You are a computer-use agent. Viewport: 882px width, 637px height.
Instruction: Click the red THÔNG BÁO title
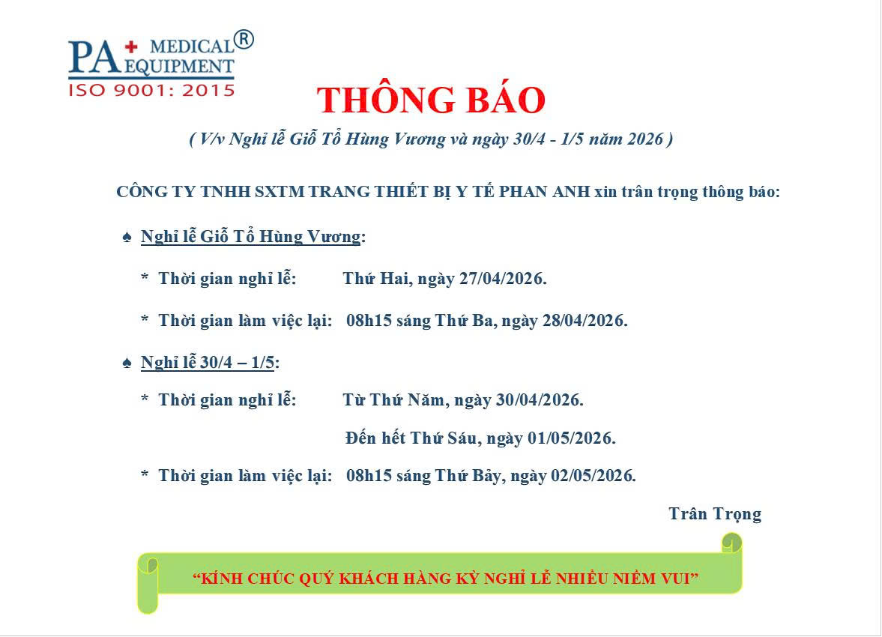431,100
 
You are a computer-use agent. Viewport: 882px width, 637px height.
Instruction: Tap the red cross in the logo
131,46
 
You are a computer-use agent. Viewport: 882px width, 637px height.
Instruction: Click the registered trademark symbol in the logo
244,40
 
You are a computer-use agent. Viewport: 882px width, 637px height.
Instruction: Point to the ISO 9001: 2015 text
151,90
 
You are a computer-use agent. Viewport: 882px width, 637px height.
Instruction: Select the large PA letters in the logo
94,57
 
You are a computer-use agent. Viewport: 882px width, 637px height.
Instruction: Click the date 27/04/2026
503,279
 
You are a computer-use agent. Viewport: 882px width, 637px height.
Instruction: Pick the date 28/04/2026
585,321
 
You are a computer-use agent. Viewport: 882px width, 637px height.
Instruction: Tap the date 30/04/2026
540,400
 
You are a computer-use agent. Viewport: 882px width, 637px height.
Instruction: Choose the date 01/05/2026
572,438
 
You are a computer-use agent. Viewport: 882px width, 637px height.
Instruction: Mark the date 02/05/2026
593,476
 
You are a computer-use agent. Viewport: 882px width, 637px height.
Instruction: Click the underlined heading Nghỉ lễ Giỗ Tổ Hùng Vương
250,237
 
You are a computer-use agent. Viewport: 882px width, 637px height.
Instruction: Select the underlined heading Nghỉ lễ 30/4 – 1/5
207,363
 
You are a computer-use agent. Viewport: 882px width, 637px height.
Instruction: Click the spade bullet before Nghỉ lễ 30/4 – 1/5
127,363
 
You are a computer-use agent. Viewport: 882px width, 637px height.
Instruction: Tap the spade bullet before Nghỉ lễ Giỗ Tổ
127,238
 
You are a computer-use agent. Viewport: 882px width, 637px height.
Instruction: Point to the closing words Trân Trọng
715,514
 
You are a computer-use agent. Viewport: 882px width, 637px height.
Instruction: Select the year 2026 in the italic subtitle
646,139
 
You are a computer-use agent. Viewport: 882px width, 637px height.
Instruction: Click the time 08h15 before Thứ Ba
369,321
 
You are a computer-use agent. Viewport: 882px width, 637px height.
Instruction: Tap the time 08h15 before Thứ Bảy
369,476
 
